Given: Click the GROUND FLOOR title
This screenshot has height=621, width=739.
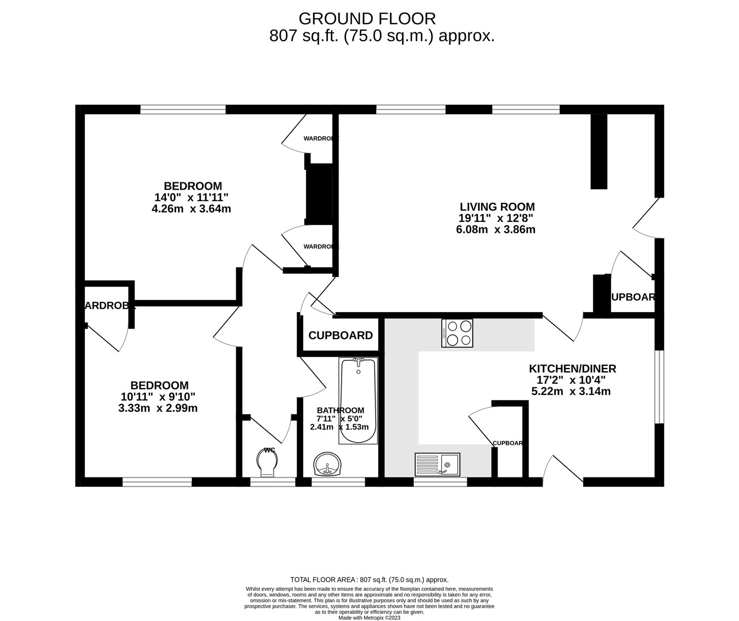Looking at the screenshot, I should pyautogui.click(x=367, y=19).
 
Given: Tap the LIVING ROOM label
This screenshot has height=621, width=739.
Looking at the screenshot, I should pyautogui.click(x=496, y=207).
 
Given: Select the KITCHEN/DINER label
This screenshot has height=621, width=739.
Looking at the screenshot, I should pyautogui.click(x=572, y=369).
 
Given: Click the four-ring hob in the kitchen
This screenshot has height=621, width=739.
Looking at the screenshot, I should pyautogui.click(x=457, y=333).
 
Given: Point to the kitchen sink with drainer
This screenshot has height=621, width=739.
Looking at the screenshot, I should pyautogui.click(x=437, y=464).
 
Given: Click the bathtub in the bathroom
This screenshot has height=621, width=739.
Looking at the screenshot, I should pyautogui.click(x=358, y=400).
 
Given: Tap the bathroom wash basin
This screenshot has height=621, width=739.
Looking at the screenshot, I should pyautogui.click(x=328, y=464).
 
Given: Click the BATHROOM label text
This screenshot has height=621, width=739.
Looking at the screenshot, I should pyautogui.click(x=340, y=410).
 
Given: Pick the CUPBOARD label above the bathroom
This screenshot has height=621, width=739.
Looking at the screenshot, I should pyautogui.click(x=340, y=336).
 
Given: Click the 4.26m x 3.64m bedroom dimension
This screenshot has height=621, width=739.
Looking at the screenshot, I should pyautogui.click(x=191, y=209).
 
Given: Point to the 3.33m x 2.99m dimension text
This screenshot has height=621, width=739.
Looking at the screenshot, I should pyautogui.click(x=158, y=408).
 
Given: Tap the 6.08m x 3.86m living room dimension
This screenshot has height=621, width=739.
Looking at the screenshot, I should pyautogui.click(x=495, y=229).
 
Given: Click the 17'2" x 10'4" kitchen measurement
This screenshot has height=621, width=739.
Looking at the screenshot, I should pyautogui.click(x=571, y=380).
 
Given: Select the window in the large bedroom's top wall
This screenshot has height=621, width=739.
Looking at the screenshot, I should pyautogui.click(x=183, y=110).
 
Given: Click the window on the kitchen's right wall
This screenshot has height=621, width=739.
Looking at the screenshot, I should pyautogui.click(x=660, y=386).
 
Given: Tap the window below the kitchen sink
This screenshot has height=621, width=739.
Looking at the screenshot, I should pyautogui.click(x=440, y=482).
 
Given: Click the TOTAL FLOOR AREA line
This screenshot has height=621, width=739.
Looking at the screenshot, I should pyautogui.click(x=369, y=579).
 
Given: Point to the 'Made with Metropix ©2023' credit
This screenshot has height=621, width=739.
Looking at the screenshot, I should pyautogui.click(x=369, y=617).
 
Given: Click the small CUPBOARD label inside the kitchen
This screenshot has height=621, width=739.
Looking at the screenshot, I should pyautogui.click(x=508, y=443).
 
